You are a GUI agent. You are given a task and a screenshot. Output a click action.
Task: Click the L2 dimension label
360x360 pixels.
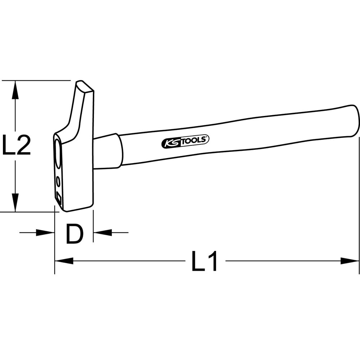pos(16,145)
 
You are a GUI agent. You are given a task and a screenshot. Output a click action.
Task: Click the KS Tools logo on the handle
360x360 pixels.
pos(185,141)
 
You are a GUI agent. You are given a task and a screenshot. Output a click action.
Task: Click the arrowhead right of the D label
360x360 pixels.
pos(102,233)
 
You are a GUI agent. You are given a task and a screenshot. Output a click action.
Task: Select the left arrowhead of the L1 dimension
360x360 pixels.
pos(64,261)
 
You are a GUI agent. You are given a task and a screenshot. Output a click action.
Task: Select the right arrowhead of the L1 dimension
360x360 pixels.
pos(350,261)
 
